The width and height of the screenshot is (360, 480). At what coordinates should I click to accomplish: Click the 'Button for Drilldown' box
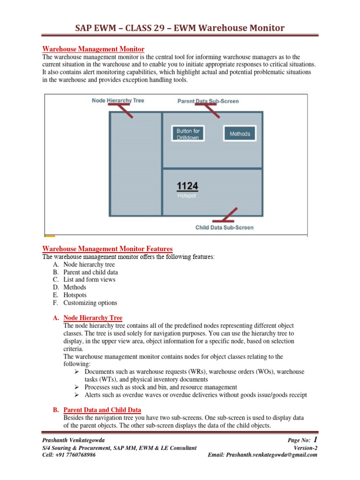(x=187, y=134)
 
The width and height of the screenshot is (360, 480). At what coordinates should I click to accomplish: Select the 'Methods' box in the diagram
(x=240, y=134)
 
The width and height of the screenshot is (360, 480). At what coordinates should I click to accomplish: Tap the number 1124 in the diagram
(x=187, y=187)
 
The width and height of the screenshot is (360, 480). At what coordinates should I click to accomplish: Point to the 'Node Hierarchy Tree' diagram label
(x=118, y=101)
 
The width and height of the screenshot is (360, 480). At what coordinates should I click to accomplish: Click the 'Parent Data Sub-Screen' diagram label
(x=208, y=101)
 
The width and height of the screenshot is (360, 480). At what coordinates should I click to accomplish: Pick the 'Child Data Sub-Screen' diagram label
(x=224, y=227)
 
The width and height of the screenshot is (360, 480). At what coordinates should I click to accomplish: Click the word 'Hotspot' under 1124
(x=187, y=196)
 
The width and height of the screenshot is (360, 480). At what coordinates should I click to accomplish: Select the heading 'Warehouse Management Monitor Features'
(x=107, y=249)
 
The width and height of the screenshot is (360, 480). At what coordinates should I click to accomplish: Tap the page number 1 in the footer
(x=315, y=440)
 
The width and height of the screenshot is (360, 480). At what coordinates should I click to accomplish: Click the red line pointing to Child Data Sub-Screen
(x=224, y=216)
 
